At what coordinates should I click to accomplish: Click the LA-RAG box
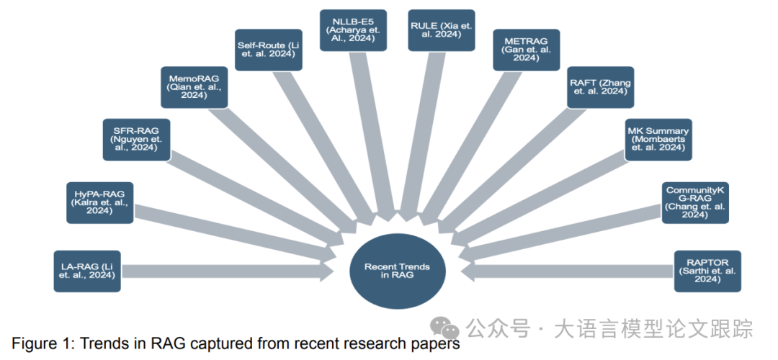87,271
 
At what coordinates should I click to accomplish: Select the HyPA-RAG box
99,203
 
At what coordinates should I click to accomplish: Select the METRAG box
527,50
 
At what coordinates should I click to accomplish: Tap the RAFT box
600,88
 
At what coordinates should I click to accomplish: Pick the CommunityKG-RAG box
695,202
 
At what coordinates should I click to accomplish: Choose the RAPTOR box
707,271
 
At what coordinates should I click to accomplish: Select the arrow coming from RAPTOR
569,271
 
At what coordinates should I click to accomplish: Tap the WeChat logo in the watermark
447,328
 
